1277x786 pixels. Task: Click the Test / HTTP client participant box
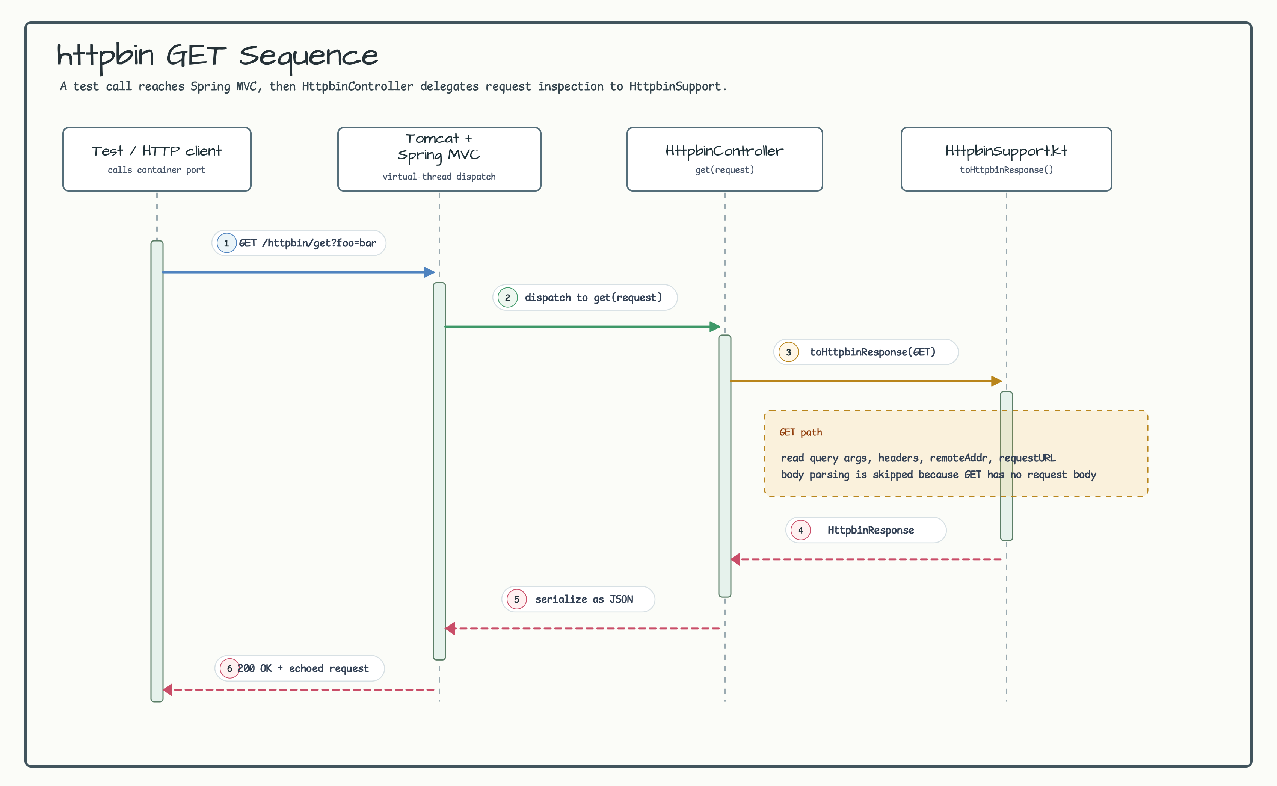coord(157,159)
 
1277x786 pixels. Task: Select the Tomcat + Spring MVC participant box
coord(439,159)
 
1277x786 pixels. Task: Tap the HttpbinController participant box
coord(725,159)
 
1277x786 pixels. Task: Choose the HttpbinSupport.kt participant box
coord(1006,159)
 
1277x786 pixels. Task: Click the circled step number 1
coord(226,243)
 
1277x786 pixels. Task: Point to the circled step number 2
coord(507,297)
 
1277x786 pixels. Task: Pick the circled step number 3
coord(789,352)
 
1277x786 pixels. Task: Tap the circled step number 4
coord(801,530)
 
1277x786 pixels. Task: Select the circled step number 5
coord(516,599)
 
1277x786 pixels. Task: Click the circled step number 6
coord(229,668)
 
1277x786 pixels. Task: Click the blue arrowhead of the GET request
coord(430,272)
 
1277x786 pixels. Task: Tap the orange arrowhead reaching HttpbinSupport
coord(997,381)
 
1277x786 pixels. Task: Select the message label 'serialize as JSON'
coord(584,599)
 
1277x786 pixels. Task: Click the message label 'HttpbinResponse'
coord(871,530)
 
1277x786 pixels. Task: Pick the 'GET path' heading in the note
coord(801,432)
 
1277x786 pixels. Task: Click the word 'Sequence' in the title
coord(309,56)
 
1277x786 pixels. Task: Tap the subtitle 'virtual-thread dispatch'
coord(439,176)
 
